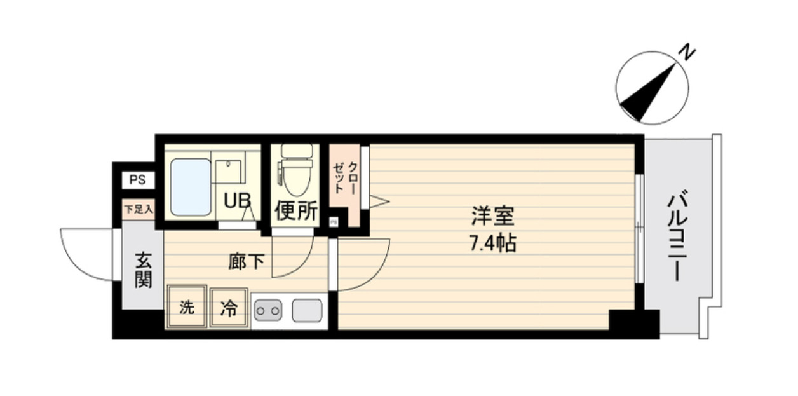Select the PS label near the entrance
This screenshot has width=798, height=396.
point(137,180)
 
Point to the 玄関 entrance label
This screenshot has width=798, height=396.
point(144,270)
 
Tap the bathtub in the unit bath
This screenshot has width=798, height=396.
point(191,187)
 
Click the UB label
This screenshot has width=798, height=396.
point(235,201)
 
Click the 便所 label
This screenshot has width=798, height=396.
point(295,211)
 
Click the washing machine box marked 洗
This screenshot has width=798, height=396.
point(186,308)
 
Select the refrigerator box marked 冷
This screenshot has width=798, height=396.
point(228,308)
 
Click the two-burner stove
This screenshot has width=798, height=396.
point(267,311)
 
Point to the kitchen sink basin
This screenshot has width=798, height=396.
point(306,311)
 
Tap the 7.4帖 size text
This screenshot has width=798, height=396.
point(492,243)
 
